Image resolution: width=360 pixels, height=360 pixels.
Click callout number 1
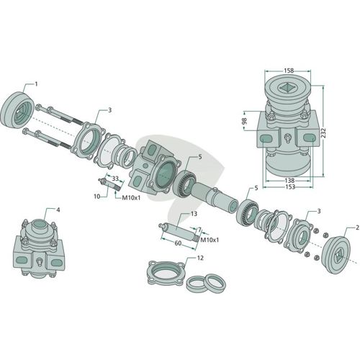point(36,84)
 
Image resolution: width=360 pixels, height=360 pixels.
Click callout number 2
point(357,228)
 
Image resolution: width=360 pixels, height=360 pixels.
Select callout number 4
point(58,210)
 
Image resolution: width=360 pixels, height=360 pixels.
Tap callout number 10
point(96,197)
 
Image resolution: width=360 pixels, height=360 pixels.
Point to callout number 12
point(200,258)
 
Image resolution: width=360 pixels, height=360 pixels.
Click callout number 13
point(194,213)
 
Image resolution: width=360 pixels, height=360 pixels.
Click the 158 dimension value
point(289,71)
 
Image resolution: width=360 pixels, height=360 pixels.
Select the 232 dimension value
point(323,132)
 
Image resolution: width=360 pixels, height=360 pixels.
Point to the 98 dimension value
point(244,121)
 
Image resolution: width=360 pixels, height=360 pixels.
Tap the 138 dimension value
point(289,180)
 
